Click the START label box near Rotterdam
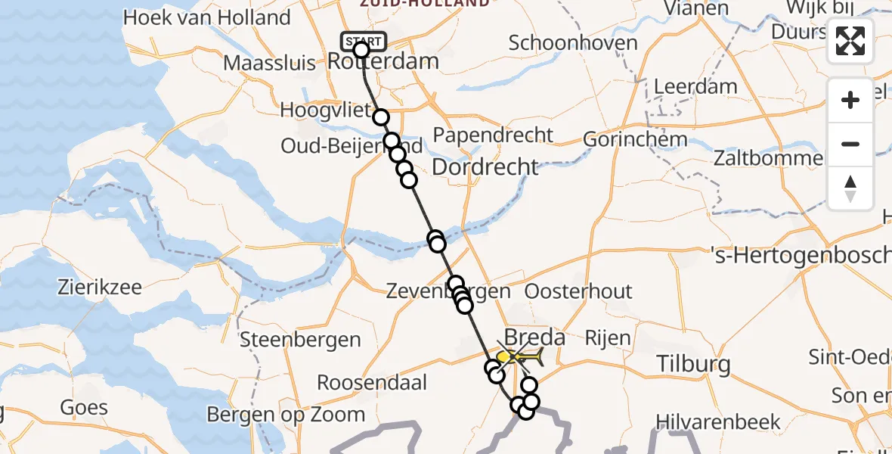364,40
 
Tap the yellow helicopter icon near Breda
521,354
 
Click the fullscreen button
850,41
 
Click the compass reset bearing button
850,188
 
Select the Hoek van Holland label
206,17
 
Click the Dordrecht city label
485,166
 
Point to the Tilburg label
683,365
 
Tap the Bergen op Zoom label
286,415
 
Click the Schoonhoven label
573,43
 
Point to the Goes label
84,408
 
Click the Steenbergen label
289,339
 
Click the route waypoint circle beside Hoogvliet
381,117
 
